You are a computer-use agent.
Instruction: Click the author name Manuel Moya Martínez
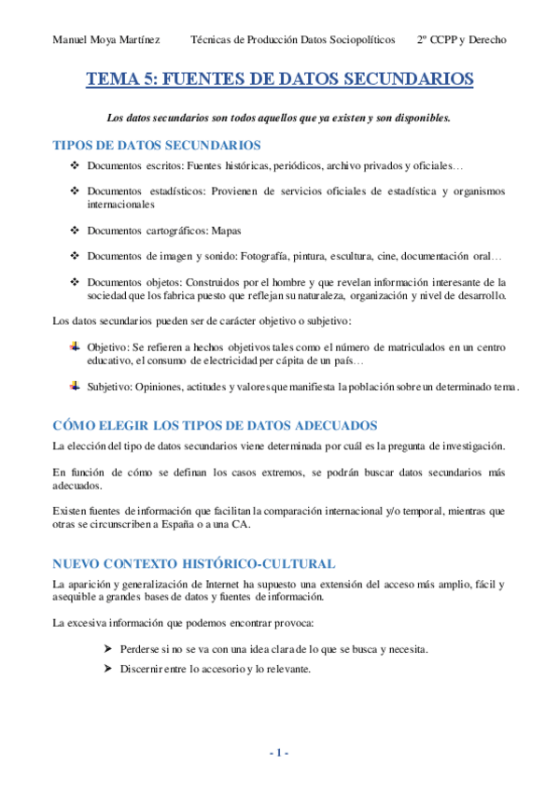(106, 40)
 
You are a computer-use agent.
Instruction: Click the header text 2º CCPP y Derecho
(461, 40)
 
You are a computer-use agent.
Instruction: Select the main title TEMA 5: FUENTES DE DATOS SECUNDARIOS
(280, 80)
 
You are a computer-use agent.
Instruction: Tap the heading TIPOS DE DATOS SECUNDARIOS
(157, 146)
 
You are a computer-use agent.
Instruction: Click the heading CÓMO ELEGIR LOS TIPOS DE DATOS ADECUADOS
(215, 425)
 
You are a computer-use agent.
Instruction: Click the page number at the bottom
(279, 753)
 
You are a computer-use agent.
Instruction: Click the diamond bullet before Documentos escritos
(76, 166)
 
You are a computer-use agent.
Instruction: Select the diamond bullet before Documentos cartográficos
(76, 230)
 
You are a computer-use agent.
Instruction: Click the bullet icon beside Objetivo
(76, 346)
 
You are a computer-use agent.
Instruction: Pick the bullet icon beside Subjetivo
(76, 385)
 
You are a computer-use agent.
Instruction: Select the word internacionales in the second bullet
(120, 205)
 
